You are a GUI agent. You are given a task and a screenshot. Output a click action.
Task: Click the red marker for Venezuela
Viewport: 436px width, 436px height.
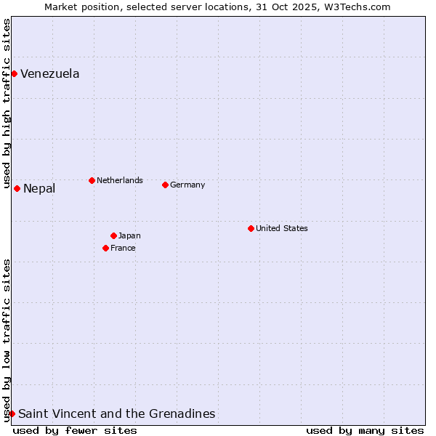coord(14,73)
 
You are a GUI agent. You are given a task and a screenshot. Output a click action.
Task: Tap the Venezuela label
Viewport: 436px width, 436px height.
coord(49,73)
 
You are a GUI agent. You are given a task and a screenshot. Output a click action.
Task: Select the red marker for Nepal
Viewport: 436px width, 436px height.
coord(17,188)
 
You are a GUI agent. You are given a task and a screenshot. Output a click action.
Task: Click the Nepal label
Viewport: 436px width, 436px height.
coord(39,189)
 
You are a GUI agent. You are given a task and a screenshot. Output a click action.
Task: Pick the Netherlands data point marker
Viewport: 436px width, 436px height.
coord(92,180)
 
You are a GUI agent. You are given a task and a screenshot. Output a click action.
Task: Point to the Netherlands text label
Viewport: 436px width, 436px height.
coord(119,180)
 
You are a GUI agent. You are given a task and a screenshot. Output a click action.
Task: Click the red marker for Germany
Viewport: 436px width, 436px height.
coord(165,185)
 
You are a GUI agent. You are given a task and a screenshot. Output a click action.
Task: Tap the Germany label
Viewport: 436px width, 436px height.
coord(187,185)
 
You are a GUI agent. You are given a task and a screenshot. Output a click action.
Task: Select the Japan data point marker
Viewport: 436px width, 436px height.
coord(113,235)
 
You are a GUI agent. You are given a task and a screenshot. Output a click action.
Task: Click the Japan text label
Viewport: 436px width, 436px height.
coord(129,235)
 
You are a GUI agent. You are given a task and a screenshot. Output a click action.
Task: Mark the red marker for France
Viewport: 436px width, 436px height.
coord(105,248)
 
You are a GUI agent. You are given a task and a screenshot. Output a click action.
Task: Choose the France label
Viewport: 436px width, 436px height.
coord(123,248)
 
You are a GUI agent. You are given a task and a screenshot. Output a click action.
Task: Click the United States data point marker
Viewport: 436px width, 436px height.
coord(251,228)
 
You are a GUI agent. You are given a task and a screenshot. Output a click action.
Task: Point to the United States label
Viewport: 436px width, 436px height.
coord(282,228)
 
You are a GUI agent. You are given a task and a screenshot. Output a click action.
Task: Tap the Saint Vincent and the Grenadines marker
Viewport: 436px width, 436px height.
coord(12,413)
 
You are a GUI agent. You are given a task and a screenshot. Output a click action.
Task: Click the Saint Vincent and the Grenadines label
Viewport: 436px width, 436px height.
coord(116,413)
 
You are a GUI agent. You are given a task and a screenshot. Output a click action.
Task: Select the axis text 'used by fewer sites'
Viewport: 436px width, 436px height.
coord(75,430)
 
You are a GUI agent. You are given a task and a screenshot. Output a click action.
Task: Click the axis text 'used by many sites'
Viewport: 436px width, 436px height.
coord(365,430)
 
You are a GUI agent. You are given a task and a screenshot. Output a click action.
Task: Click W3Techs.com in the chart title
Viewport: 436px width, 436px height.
coord(357,7)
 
